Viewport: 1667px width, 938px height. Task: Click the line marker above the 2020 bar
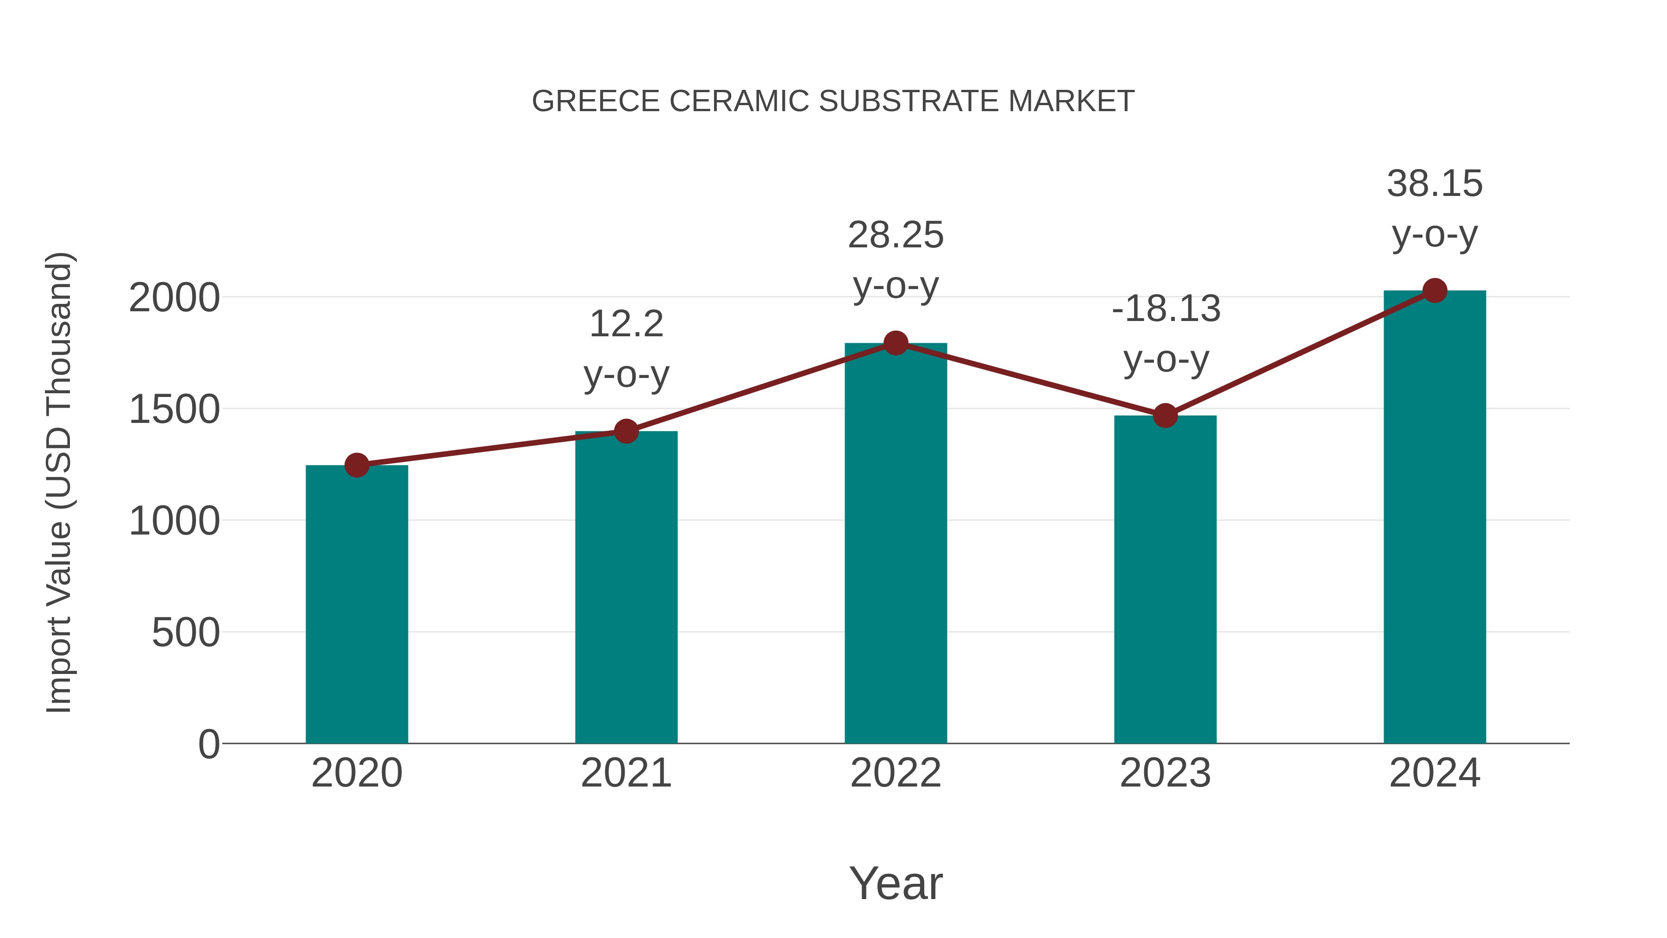pyautogui.click(x=357, y=465)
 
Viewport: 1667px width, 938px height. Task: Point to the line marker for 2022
pyautogui.click(x=896, y=343)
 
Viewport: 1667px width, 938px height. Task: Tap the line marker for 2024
pyautogui.click(x=1435, y=290)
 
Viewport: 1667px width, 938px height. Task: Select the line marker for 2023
pyautogui.click(x=1165, y=415)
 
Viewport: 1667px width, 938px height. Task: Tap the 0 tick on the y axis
pyautogui.click(x=208, y=744)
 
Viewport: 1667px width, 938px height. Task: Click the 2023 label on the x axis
pyautogui.click(x=1165, y=773)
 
